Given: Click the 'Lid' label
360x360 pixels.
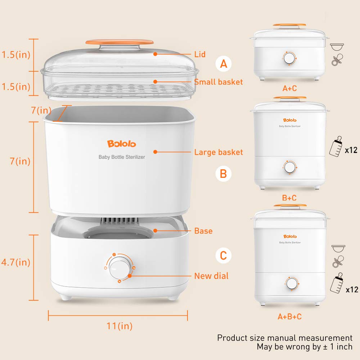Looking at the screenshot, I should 200,54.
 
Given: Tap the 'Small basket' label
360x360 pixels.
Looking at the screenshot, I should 218,82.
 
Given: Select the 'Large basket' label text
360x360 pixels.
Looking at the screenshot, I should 218,152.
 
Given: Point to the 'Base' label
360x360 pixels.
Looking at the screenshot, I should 203,231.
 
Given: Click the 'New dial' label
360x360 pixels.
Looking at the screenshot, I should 211,276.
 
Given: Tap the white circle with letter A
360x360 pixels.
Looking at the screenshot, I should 224,64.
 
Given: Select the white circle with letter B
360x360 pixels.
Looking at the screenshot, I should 224,174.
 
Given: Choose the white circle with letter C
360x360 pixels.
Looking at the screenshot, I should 224,256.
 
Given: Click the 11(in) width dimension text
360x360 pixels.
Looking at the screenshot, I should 120,326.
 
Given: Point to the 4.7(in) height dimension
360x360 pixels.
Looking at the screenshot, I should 15,262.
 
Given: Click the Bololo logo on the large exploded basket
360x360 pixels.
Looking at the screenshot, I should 122,144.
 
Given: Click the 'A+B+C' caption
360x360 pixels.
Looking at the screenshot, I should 289,317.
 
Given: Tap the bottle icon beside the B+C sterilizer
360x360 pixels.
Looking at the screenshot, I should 336,147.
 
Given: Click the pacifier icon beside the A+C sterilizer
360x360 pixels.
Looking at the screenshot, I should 337,60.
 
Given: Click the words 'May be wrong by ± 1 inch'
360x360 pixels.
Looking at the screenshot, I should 304,347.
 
